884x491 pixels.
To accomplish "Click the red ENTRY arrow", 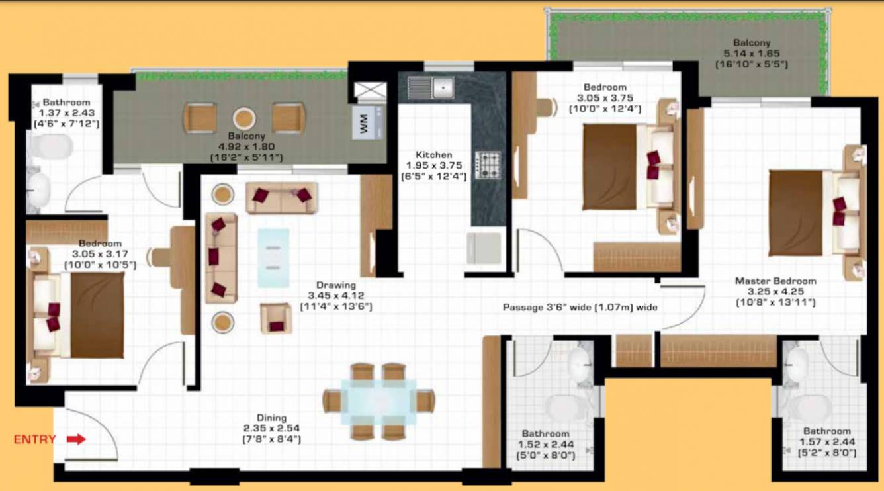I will [x=77, y=439].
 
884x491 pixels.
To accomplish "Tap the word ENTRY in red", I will [x=34, y=439].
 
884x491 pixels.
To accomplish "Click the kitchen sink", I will [x=430, y=87].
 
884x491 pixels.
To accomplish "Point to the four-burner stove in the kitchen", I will [x=488, y=165].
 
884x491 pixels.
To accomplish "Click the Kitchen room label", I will [x=433, y=155].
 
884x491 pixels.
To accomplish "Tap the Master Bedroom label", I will [x=775, y=281].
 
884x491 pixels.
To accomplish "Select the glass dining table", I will [x=379, y=401].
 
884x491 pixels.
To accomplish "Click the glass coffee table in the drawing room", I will [x=273, y=257].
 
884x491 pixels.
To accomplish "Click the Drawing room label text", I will [x=336, y=285].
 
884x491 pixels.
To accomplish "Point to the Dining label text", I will [x=272, y=418].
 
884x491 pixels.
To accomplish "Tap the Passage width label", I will [x=580, y=308].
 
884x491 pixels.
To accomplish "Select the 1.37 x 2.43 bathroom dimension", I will [x=66, y=113].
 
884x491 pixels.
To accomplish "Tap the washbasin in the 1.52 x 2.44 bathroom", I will [x=581, y=363].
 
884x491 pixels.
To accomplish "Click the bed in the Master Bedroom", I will [x=814, y=212].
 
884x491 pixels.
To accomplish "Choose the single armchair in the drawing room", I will [x=275, y=318].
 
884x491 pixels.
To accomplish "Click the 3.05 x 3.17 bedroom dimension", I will [x=100, y=253].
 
